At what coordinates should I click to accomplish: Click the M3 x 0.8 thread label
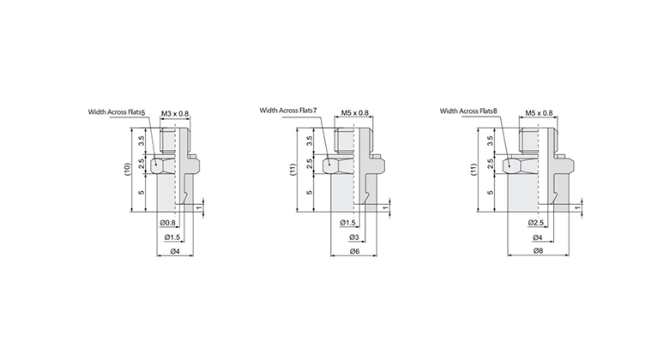pos(176,112)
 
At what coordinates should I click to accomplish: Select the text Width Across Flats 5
pos(116,112)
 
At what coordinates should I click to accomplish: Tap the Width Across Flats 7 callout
pos(288,111)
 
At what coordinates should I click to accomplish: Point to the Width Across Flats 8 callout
pos(468,111)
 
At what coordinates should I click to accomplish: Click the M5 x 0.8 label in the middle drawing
pos(354,112)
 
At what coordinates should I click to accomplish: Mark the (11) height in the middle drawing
pos(293,169)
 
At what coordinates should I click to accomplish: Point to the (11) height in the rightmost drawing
pos(473,169)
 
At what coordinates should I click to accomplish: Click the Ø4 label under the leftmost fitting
pos(175,251)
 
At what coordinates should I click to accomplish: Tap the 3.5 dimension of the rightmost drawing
pos(490,140)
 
